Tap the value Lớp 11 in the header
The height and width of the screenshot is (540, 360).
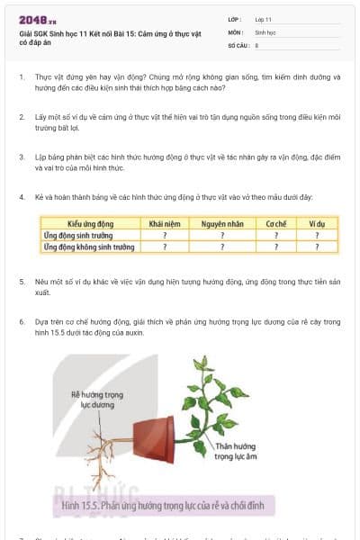click(x=263, y=19)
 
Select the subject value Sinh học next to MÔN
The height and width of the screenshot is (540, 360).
click(x=265, y=31)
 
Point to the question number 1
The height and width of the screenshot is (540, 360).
click(x=21, y=77)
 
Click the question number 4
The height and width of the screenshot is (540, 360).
click(x=21, y=197)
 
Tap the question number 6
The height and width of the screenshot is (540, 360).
click(x=21, y=320)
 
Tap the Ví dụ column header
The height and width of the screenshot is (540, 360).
click(x=315, y=223)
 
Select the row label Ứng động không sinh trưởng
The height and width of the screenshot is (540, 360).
click(x=89, y=246)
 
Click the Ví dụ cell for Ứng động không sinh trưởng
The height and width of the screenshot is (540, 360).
click(x=315, y=246)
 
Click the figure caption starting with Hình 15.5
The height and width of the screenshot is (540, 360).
click(x=162, y=507)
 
